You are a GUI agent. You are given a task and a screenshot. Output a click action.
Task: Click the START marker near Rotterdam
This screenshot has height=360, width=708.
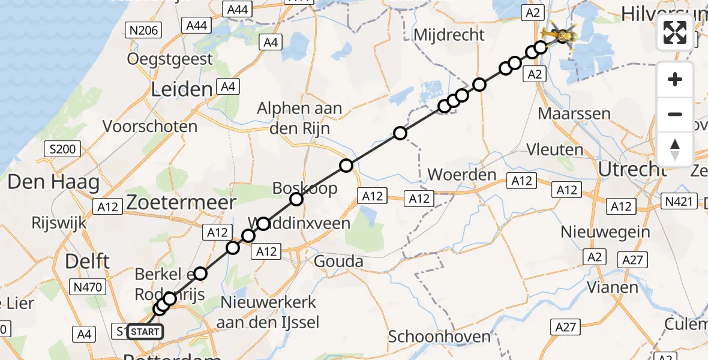pos(145,331)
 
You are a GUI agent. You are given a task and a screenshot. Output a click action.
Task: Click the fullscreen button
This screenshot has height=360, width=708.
pos(675,32)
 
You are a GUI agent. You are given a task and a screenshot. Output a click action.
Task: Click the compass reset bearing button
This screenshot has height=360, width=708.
pos(675,149)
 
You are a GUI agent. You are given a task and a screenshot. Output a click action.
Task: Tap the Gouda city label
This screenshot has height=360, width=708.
pos(339,262)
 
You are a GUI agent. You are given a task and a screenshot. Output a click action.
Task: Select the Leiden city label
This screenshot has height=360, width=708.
pos(182,90)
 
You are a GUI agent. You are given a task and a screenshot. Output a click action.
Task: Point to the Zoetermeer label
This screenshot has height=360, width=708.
pos(181,202)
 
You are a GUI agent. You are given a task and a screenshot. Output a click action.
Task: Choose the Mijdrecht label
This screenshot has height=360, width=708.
pos(457,35)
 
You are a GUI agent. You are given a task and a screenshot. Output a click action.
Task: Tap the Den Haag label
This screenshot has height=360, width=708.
pos(53,182)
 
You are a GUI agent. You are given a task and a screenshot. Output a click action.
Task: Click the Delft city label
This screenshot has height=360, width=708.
pos(87,262)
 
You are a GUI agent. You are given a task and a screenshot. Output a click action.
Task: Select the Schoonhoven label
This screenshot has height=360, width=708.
pos(439,337)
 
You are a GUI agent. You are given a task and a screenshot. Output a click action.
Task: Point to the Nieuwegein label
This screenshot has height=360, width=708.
pos(605,231)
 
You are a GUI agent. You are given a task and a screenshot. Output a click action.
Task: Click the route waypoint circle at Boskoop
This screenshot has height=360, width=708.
pos(296,200)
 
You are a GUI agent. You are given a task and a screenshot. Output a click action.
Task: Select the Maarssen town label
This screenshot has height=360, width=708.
pos(574,113)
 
